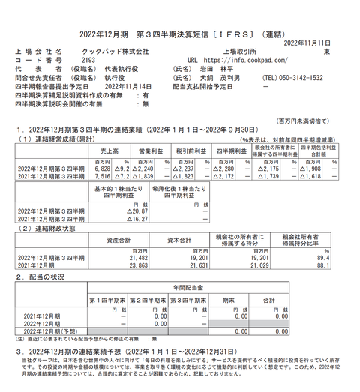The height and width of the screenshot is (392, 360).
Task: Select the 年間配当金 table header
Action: pos(188,288)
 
